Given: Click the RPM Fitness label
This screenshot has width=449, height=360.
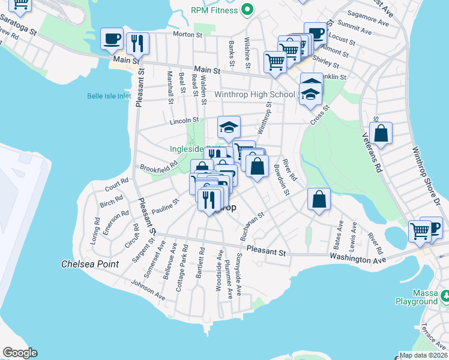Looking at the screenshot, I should [214, 10].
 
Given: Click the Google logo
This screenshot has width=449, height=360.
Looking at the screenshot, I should [20, 353].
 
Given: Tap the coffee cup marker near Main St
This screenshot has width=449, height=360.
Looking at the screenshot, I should [112, 40].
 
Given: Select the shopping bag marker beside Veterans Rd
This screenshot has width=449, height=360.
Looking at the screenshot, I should [381, 134].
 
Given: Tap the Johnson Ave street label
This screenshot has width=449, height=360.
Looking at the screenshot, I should [148, 291].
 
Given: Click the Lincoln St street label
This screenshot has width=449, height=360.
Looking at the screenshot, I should [184, 121].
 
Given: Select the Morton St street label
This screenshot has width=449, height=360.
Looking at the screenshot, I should [187, 35].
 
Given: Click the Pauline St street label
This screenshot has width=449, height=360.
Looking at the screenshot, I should [166, 207].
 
